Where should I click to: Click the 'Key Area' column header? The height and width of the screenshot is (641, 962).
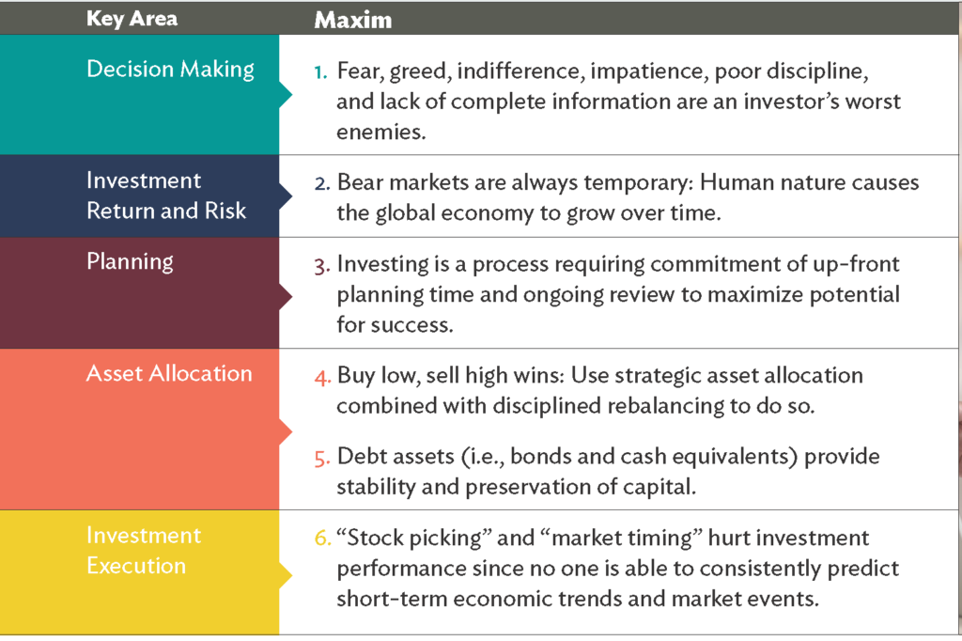point(132,19)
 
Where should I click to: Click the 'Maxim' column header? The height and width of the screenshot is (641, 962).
point(353,21)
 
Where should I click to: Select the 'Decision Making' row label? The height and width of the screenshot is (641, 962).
point(171,70)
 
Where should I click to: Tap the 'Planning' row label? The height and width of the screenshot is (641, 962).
point(130,262)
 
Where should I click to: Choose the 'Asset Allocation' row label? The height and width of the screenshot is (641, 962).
point(169,373)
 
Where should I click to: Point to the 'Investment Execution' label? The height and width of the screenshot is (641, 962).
point(144,550)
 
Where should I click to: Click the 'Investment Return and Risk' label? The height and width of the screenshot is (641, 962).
point(166,195)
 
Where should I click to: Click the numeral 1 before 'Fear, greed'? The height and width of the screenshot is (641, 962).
point(321,72)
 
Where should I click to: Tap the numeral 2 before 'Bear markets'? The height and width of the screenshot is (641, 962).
point(322,183)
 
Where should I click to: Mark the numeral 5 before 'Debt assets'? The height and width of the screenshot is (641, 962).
point(322,459)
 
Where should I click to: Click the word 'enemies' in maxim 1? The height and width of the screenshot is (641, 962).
point(381,132)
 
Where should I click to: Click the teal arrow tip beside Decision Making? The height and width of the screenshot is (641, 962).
point(291,95)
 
